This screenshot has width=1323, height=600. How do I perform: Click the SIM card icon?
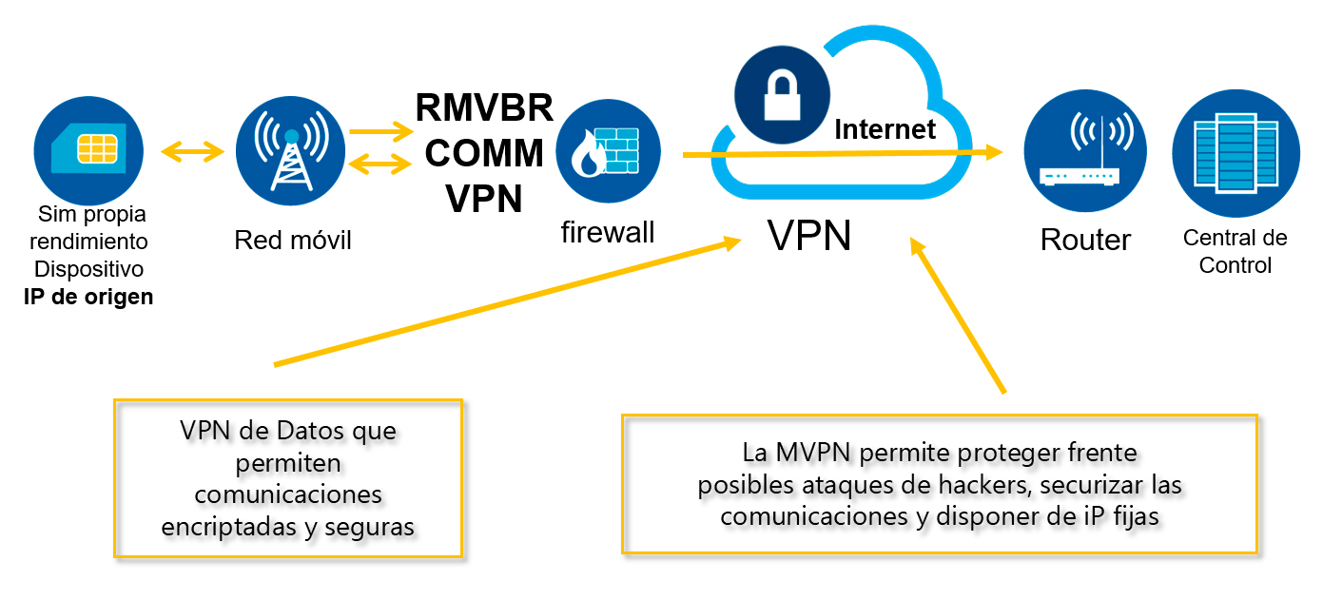pos(88,147)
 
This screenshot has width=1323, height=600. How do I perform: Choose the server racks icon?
pos(1235,155)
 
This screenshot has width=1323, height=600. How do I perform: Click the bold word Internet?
pos(885,128)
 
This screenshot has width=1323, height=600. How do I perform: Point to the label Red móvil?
pos(292,241)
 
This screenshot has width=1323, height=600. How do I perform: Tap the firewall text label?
pos(607,231)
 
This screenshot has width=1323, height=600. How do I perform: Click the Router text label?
pos(1085,240)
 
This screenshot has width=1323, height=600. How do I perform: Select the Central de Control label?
pos(1235,251)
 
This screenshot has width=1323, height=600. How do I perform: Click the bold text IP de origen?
pos(88,296)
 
